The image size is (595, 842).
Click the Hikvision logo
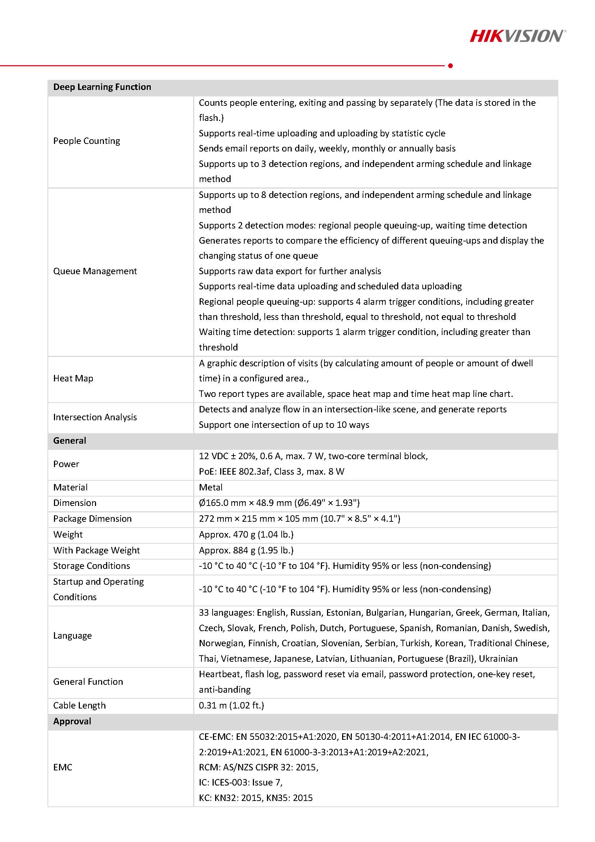coord(517,36)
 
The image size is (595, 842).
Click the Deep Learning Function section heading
coord(102,87)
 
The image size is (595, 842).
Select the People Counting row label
coord(87,141)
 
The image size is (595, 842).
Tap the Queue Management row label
coord(95,271)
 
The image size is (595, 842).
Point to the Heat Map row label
coord(73,379)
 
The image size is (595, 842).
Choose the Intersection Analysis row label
coord(95,417)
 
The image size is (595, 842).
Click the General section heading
coord(70,440)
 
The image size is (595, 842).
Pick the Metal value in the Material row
coord(210,487)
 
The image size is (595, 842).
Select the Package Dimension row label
coord(92,519)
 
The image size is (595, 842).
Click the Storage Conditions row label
coord(91,566)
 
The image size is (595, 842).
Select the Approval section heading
coord(72,721)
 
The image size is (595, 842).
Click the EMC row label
coord(63,767)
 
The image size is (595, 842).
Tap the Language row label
coord(72,635)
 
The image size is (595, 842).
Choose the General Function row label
coord(88,682)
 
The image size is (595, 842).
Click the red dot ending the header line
coord(450,65)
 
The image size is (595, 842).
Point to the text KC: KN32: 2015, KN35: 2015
coord(255,798)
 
